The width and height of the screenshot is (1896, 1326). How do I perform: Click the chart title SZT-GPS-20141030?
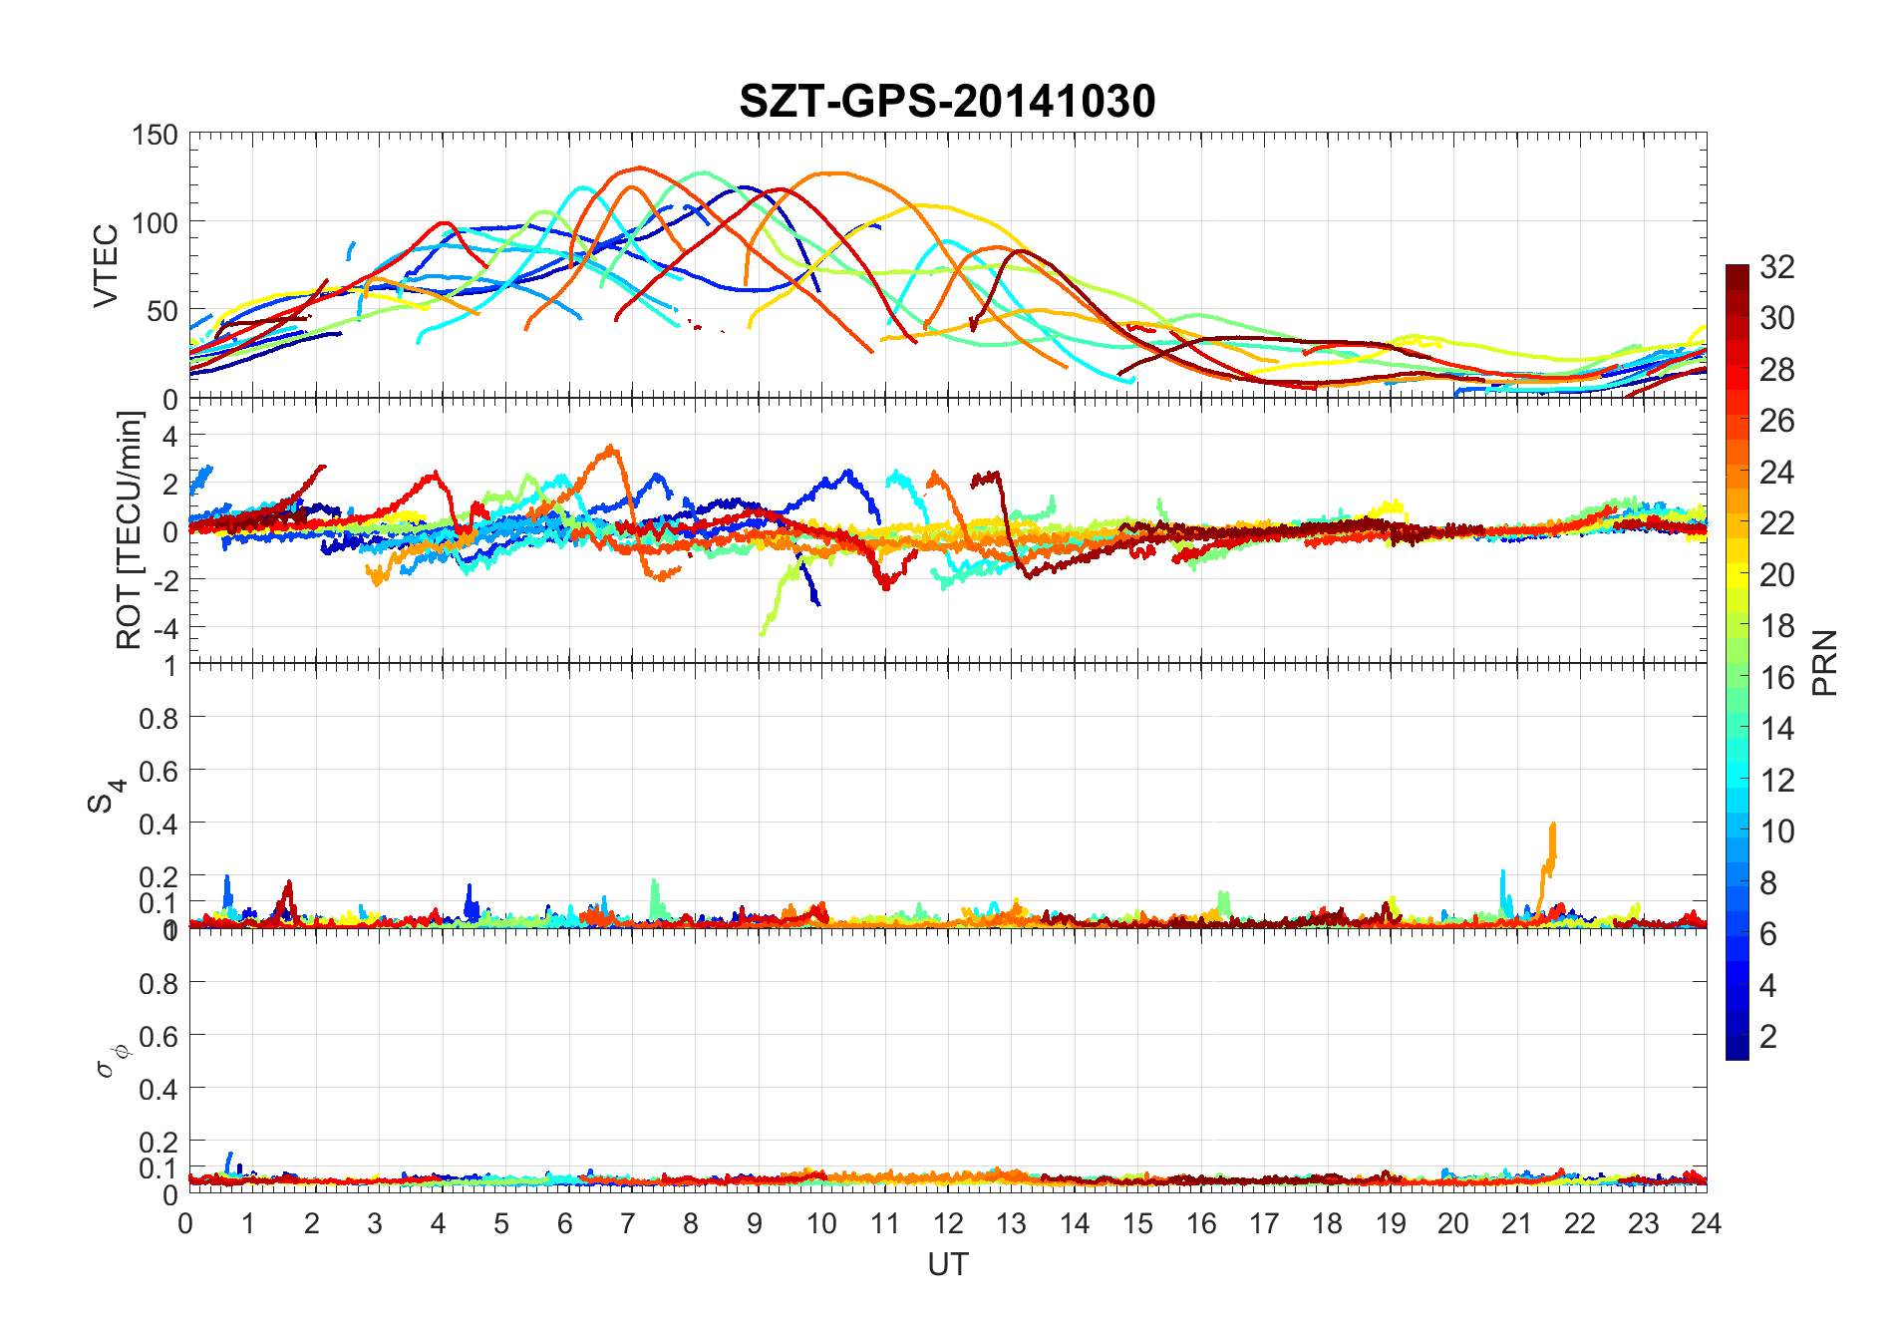947,102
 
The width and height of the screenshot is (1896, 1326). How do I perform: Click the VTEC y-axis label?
106,265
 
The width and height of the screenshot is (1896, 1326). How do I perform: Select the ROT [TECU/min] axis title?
130,529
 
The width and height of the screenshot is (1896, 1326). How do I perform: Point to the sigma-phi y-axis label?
110,1061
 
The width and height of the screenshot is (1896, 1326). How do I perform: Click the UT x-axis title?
947,1264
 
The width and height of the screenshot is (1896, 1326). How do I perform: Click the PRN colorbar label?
1824,663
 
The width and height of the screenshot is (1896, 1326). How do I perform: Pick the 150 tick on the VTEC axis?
155,136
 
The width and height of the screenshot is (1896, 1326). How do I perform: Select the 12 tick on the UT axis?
948,1223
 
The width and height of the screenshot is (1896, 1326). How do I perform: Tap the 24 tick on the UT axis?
1706,1223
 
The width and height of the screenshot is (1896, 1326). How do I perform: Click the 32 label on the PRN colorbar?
1777,267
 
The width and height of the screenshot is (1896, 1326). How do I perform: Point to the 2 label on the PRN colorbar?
1768,1037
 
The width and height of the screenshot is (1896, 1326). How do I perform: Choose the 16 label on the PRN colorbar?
1777,678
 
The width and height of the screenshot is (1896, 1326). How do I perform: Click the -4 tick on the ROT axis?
163,629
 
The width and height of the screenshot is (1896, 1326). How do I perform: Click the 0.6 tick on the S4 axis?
158,771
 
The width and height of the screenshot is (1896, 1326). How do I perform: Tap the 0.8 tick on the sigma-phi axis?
158,984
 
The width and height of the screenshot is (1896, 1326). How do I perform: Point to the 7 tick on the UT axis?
628,1223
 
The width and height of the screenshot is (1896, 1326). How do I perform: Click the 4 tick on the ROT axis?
169,436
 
